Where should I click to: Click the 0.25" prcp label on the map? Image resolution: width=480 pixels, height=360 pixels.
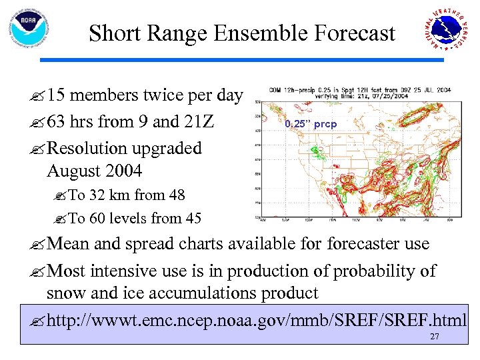(x=311, y=124)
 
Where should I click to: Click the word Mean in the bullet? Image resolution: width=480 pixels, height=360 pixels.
(x=69, y=245)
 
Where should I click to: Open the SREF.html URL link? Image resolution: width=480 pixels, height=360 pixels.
(x=257, y=321)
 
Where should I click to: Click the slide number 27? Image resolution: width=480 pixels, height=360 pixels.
(x=434, y=337)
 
